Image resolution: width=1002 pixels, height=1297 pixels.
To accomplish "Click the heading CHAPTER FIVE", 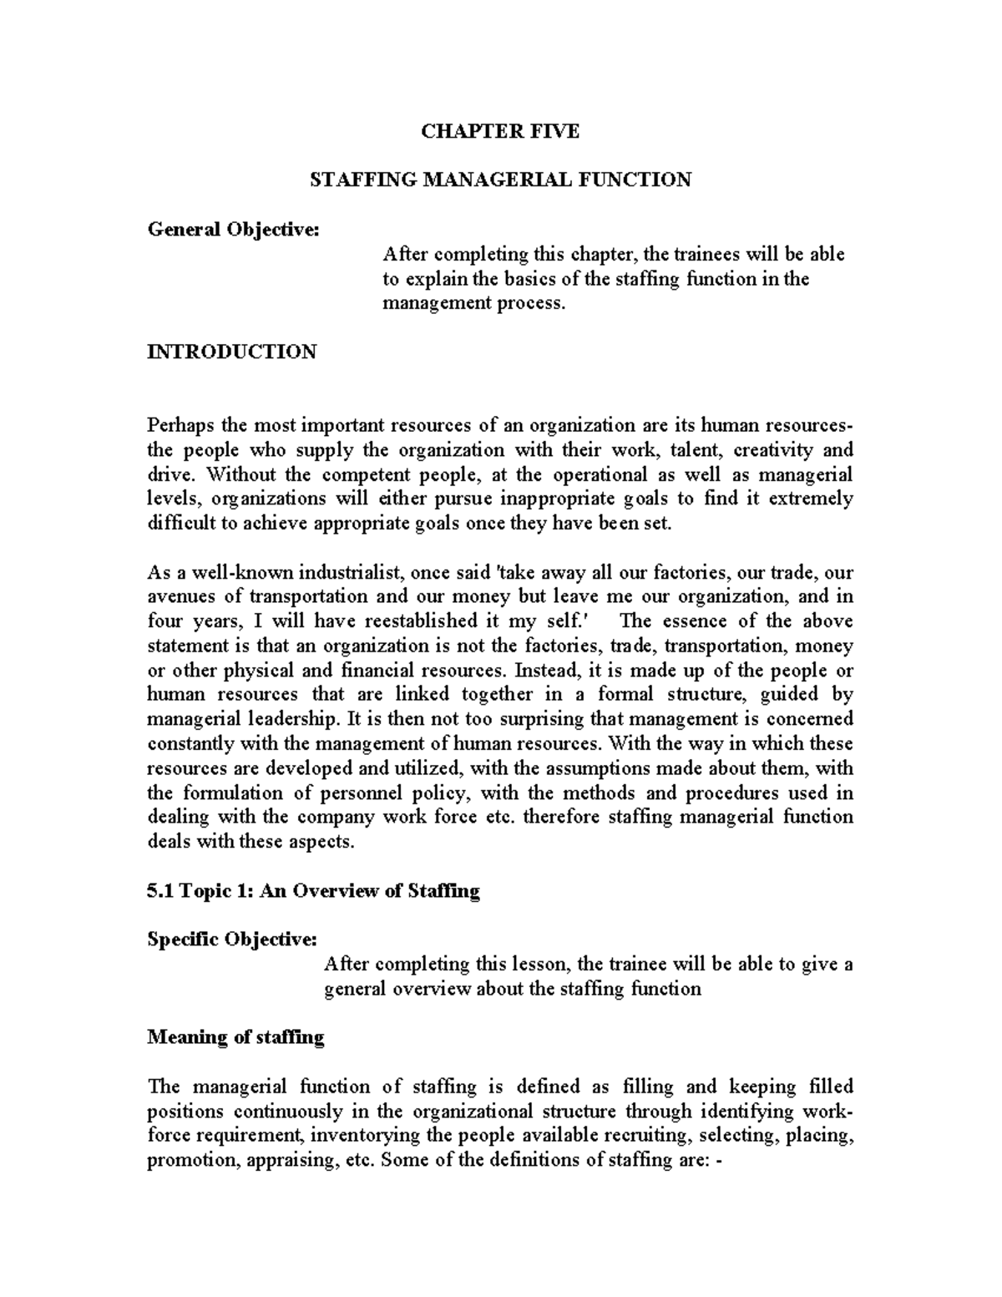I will click(x=499, y=131).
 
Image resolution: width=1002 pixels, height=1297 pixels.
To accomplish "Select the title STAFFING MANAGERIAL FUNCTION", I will click(x=500, y=180).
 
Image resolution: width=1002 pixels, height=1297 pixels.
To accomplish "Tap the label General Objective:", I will click(x=233, y=229).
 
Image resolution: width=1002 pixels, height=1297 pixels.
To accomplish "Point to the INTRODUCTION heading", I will click(x=231, y=352).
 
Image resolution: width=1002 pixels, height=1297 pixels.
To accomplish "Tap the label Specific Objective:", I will click(x=232, y=940).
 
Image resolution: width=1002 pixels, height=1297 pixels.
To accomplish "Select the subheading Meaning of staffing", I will click(x=235, y=1037).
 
